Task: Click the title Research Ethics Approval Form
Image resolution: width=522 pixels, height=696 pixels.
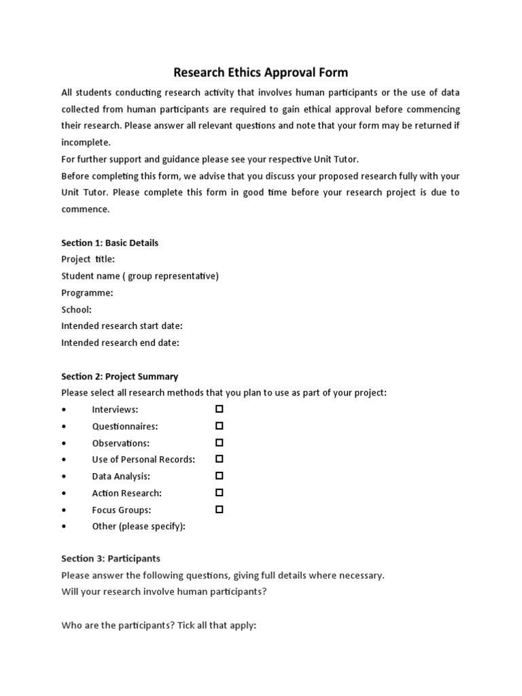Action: click(261, 72)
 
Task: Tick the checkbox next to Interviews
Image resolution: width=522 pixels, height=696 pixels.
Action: click(220, 409)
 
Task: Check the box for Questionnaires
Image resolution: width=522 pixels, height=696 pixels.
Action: click(220, 426)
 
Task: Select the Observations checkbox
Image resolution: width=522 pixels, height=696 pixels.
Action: click(220, 442)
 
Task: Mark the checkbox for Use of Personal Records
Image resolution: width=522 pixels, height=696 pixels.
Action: click(220, 459)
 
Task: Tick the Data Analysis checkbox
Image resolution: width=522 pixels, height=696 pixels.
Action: click(220, 476)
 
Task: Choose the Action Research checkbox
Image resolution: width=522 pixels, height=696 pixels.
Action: click(220, 493)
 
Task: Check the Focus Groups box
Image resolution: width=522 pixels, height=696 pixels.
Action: click(220, 509)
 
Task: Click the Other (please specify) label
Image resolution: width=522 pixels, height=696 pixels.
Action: click(139, 526)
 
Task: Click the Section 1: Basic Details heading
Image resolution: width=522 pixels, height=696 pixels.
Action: click(109, 243)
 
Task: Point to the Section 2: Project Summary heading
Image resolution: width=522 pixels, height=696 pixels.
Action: click(120, 376)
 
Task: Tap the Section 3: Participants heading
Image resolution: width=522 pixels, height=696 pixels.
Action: click(111, 559)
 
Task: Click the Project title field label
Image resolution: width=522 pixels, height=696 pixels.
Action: click(88, 259)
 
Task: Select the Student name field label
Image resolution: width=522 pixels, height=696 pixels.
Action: click(140, 276)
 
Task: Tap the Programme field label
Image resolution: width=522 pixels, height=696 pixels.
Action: click(87, 292)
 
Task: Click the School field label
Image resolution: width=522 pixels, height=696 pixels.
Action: click(76, 309)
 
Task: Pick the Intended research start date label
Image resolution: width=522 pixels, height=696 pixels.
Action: click(122, 326)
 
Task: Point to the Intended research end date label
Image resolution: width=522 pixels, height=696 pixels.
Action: click(120, 343)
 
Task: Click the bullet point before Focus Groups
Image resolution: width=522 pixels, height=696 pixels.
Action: click(63, 510)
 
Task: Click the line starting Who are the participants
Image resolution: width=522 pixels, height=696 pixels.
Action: click(158, 625)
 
